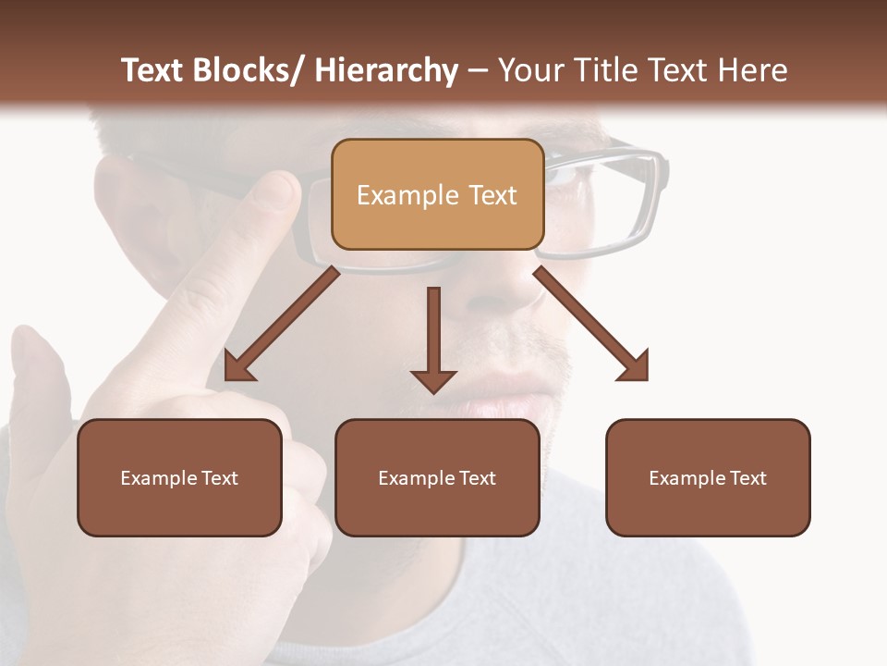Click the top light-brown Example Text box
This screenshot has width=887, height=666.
point(437,194)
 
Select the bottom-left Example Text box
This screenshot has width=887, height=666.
point(179,477)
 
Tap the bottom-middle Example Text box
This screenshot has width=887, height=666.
point(437,477)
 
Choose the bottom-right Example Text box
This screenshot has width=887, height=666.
point(708,477)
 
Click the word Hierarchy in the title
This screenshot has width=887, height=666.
point(386,70)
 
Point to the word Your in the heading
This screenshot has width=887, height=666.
point(529,70)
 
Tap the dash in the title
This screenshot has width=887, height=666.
point(477,71)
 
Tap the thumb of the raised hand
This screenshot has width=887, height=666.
point(37,370)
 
